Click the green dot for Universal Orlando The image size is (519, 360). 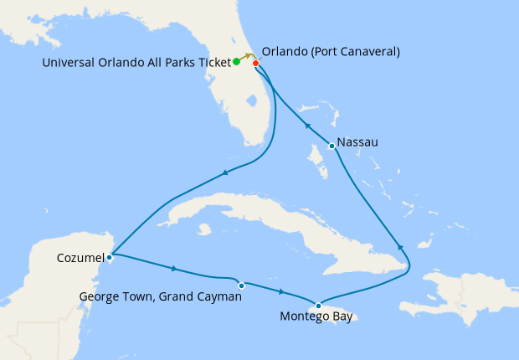[237, 61]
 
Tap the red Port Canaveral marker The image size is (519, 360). [255, 64]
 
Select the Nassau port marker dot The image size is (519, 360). [332, 147]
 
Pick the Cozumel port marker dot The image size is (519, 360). [110, 256]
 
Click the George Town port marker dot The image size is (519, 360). [241, 285]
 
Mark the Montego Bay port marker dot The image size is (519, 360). [318, 306]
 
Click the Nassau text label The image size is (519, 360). [357, 142]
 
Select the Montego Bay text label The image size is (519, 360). [316, 318]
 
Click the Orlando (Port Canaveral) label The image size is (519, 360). [331, 52]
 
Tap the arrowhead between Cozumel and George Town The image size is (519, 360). [173, 269]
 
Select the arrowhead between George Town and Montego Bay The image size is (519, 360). [281, 292]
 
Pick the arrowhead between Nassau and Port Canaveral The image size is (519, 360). [306, 126]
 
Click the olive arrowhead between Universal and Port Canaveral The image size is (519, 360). [249, 55]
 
